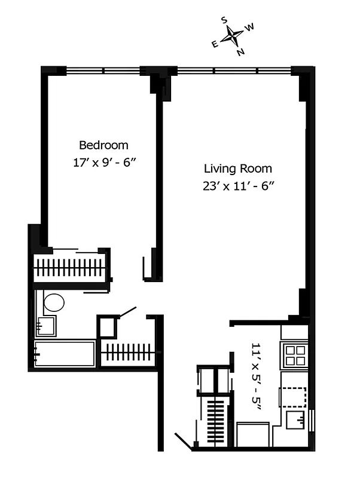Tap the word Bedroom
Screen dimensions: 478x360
[103, 145]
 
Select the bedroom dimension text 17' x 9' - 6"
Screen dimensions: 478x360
[104, 162]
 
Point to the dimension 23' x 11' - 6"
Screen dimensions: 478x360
[237, 185]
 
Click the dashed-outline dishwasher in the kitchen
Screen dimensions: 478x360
[294, 397]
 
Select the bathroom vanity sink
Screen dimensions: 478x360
[45, 326]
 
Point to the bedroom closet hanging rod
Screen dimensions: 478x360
[71, 268]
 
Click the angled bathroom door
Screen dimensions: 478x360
[129, 311]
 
